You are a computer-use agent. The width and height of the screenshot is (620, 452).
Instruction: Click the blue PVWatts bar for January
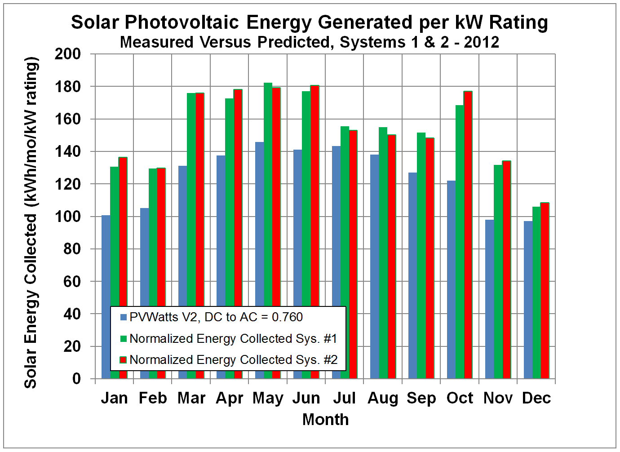[106, 261]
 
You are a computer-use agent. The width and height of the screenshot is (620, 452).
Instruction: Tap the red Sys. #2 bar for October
[468, 234]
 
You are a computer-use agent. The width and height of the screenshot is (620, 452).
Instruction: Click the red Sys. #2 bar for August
[391, 256]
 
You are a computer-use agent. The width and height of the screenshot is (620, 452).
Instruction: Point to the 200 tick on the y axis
[68, 54]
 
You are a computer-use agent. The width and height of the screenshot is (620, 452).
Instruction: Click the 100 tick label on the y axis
[68, 217]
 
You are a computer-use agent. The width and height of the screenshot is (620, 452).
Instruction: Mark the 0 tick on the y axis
[76, 379]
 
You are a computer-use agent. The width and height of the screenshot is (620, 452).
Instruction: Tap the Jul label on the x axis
[344, 398]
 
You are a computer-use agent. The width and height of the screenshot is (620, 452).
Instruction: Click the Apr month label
[230, 398]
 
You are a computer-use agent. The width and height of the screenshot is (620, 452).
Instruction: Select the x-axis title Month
[325, 420]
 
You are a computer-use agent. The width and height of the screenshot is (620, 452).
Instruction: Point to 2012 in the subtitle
[481, 42]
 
